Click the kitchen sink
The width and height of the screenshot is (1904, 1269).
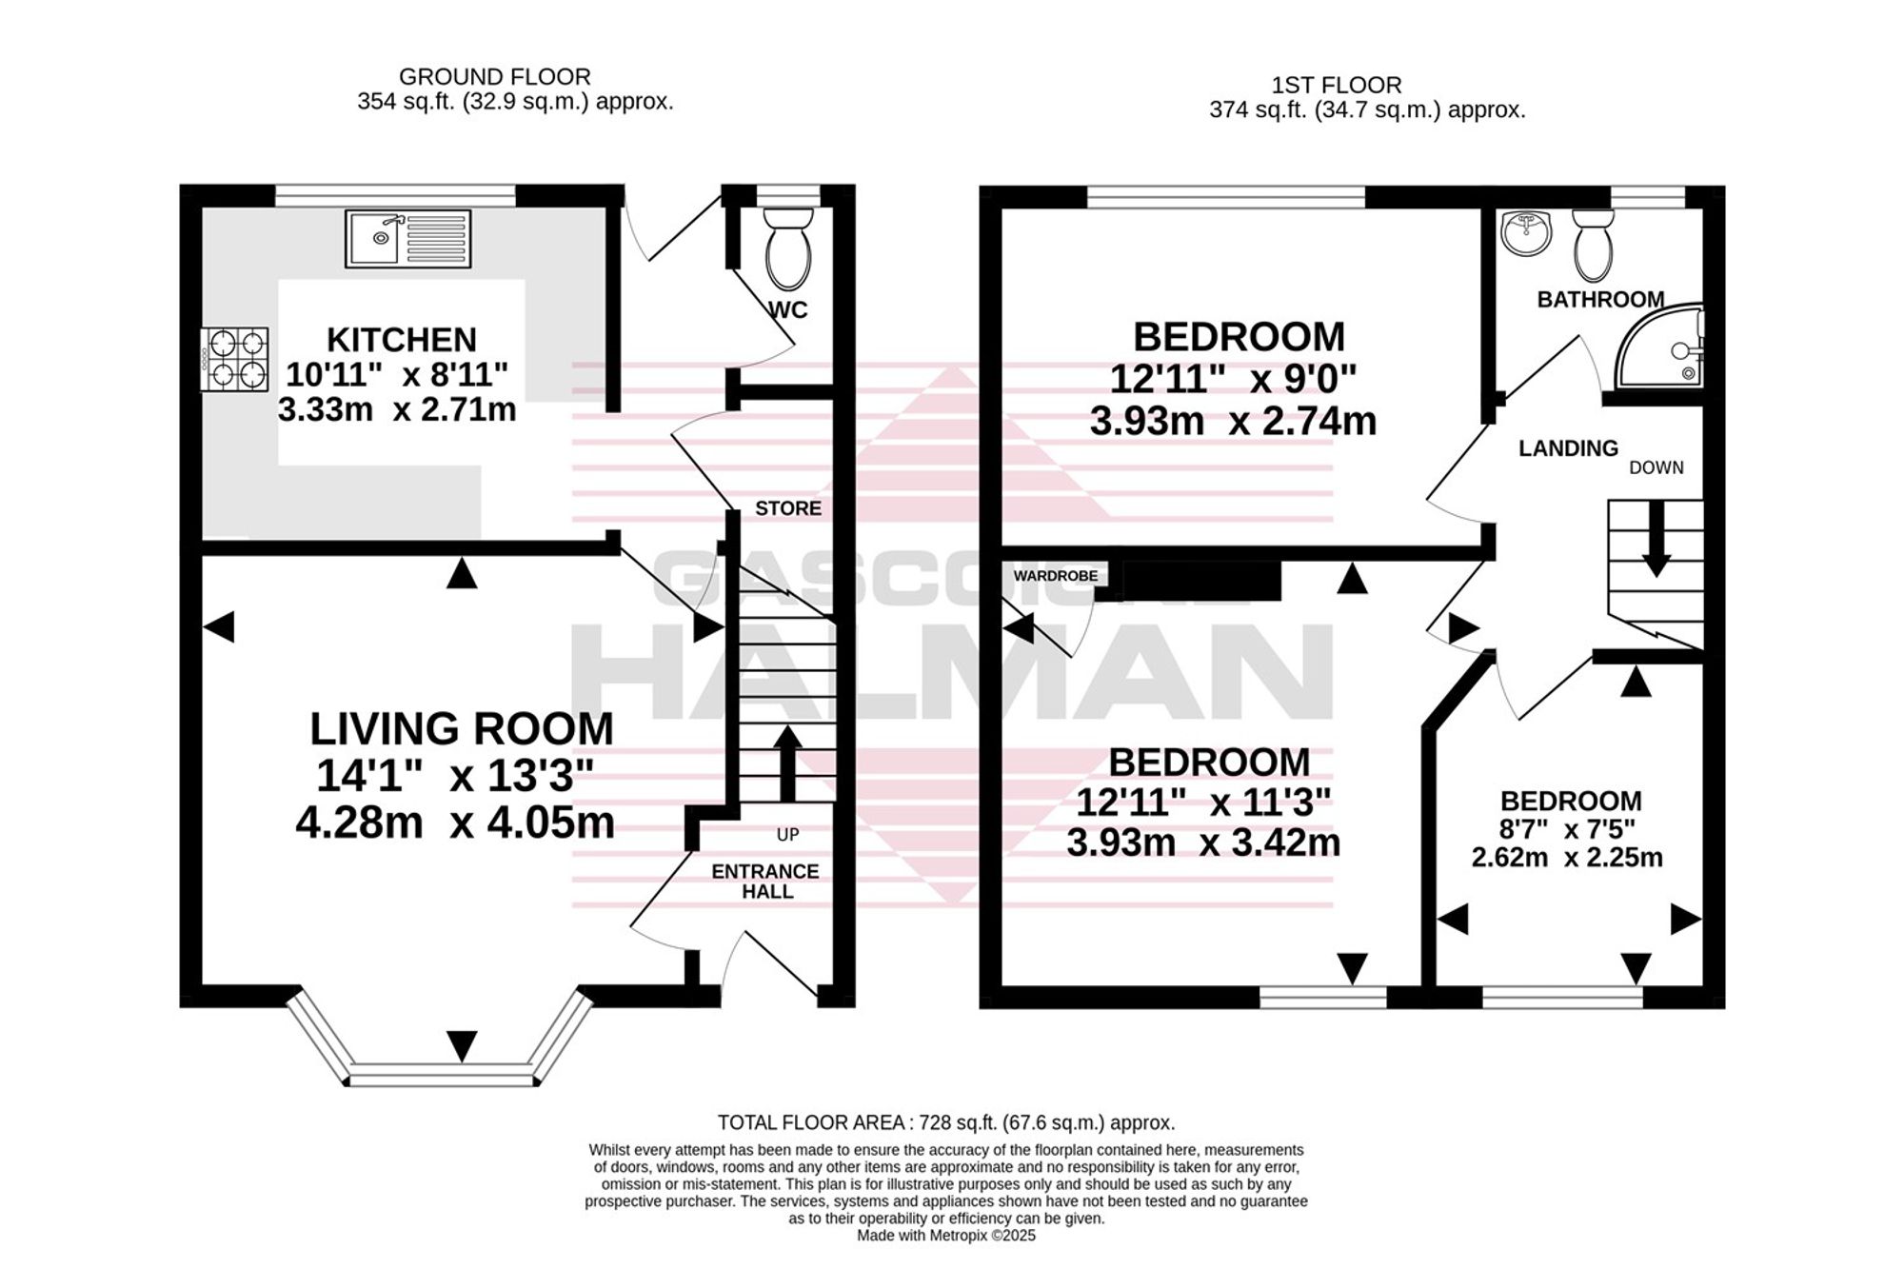(x=408, y=238)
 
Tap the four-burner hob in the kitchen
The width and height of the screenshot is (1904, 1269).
(x=234, y=359)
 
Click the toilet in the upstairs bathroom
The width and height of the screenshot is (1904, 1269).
(x=1593, y=245)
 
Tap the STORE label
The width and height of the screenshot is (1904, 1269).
(x=788, y=508)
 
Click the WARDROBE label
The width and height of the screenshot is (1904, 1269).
(x=1056, y=576)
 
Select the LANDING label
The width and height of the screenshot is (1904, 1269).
(x=1568, y=448)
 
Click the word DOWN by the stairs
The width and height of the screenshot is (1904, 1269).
(x=1656, y=467)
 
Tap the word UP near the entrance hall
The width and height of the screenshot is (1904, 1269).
(x=787, y=835)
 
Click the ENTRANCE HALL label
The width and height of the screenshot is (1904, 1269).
(x=766, y=882)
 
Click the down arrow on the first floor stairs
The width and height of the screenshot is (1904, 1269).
(x=1656, y=539)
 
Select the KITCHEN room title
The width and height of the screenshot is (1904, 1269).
(x=402, y=340)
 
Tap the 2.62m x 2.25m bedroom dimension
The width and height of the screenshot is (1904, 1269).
(x=1567, y=858)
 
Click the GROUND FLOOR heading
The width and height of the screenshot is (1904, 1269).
(x=494, y=76)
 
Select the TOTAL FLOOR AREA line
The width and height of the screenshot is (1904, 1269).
(x=946, y=1122)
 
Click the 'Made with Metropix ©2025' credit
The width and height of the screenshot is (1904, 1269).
(x=946, y=1236)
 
